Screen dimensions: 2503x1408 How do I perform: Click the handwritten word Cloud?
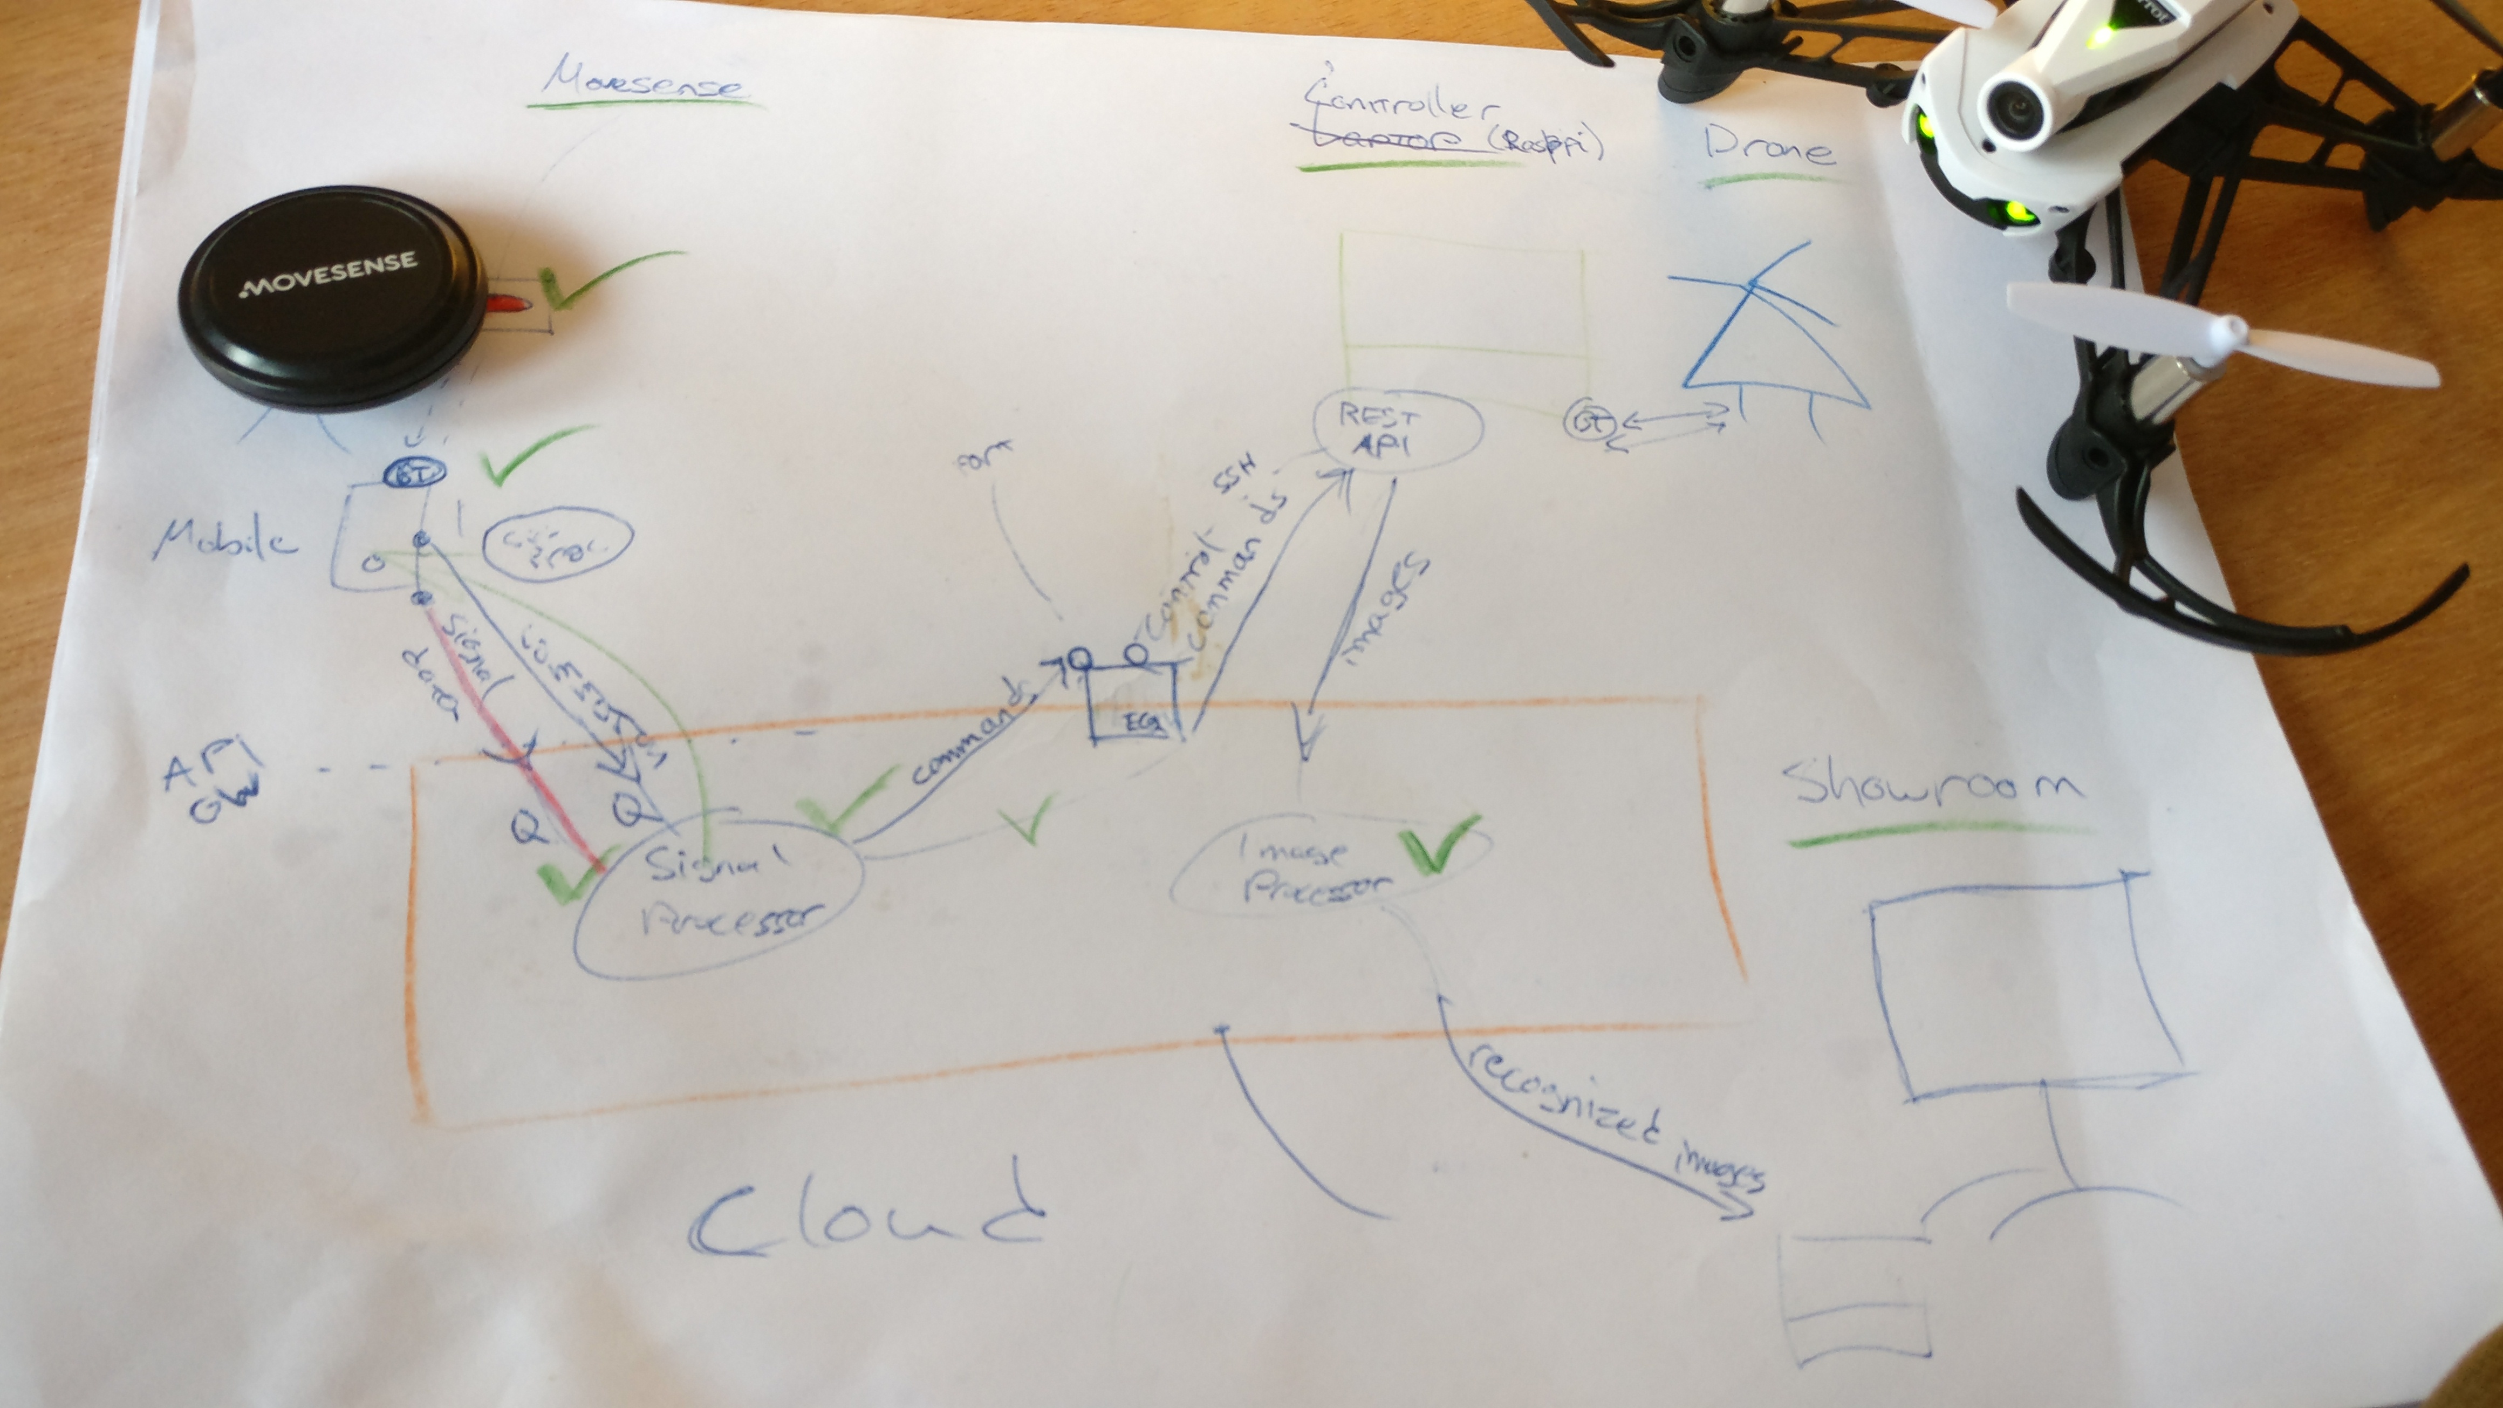(x=865, y=1215)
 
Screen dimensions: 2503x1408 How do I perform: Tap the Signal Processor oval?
(x=719, y=894)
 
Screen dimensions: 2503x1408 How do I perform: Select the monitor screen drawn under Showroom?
(x=2021, y=986)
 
